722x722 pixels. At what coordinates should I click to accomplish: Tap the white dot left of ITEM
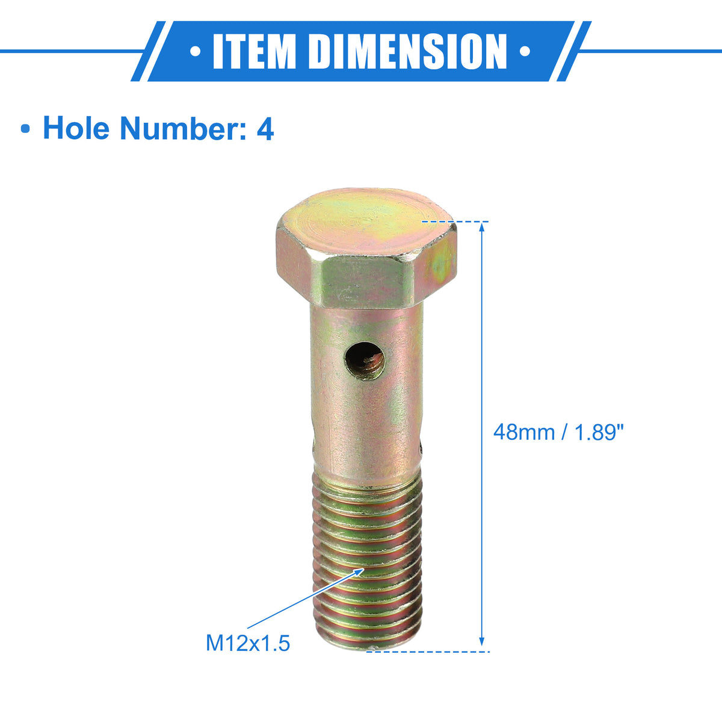(x=195, y=51)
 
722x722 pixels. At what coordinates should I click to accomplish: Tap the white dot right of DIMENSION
(x=525, y=51)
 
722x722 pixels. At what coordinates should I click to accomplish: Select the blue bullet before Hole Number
(x=25, y=129)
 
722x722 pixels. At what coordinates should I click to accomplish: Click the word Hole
(x=76, y=128)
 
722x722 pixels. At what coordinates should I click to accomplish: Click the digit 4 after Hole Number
(x=265, y=129)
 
